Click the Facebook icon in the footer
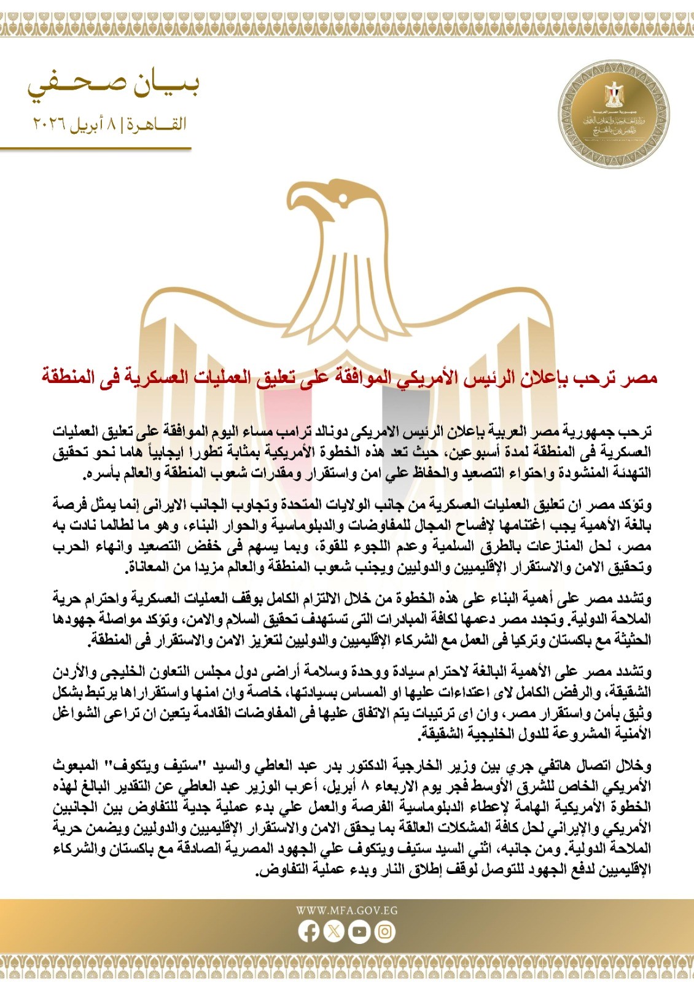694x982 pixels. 309,932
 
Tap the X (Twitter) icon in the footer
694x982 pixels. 333,932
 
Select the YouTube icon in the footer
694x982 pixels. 359,932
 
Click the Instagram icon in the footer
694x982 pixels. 384,932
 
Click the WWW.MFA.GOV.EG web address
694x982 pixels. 346,911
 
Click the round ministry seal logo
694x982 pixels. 614,115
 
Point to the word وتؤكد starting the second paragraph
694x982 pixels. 634,505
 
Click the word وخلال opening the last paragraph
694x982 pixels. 634,766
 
